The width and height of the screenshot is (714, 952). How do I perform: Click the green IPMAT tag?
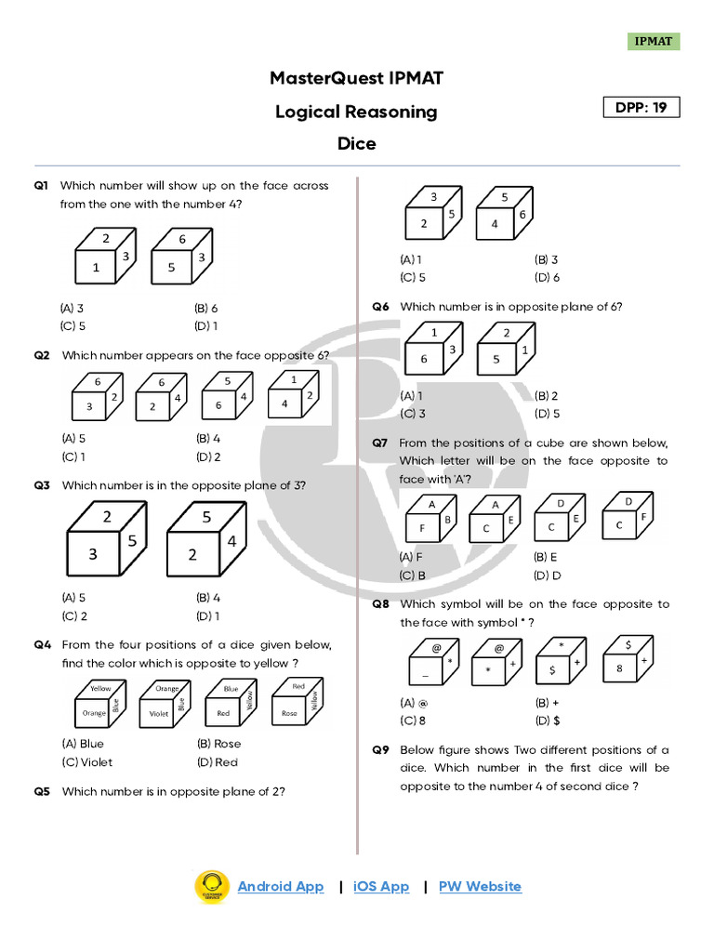(654, 41)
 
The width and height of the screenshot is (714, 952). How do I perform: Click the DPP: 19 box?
(641, 107)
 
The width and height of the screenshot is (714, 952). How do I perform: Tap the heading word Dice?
(357, 143)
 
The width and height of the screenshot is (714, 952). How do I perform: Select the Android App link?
(281, 886)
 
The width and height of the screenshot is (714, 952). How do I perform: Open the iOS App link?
(381, 886)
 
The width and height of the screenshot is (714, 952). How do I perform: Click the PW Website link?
(480, 886)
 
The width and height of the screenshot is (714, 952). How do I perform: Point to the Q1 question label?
(41, 186)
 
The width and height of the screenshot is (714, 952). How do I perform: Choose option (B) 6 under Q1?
(206, 308)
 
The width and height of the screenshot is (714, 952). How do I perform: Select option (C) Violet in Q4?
(86, 761)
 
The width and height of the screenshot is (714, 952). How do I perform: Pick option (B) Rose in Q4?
(218, 743)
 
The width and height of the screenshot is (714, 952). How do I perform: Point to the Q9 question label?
(380, 750)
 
